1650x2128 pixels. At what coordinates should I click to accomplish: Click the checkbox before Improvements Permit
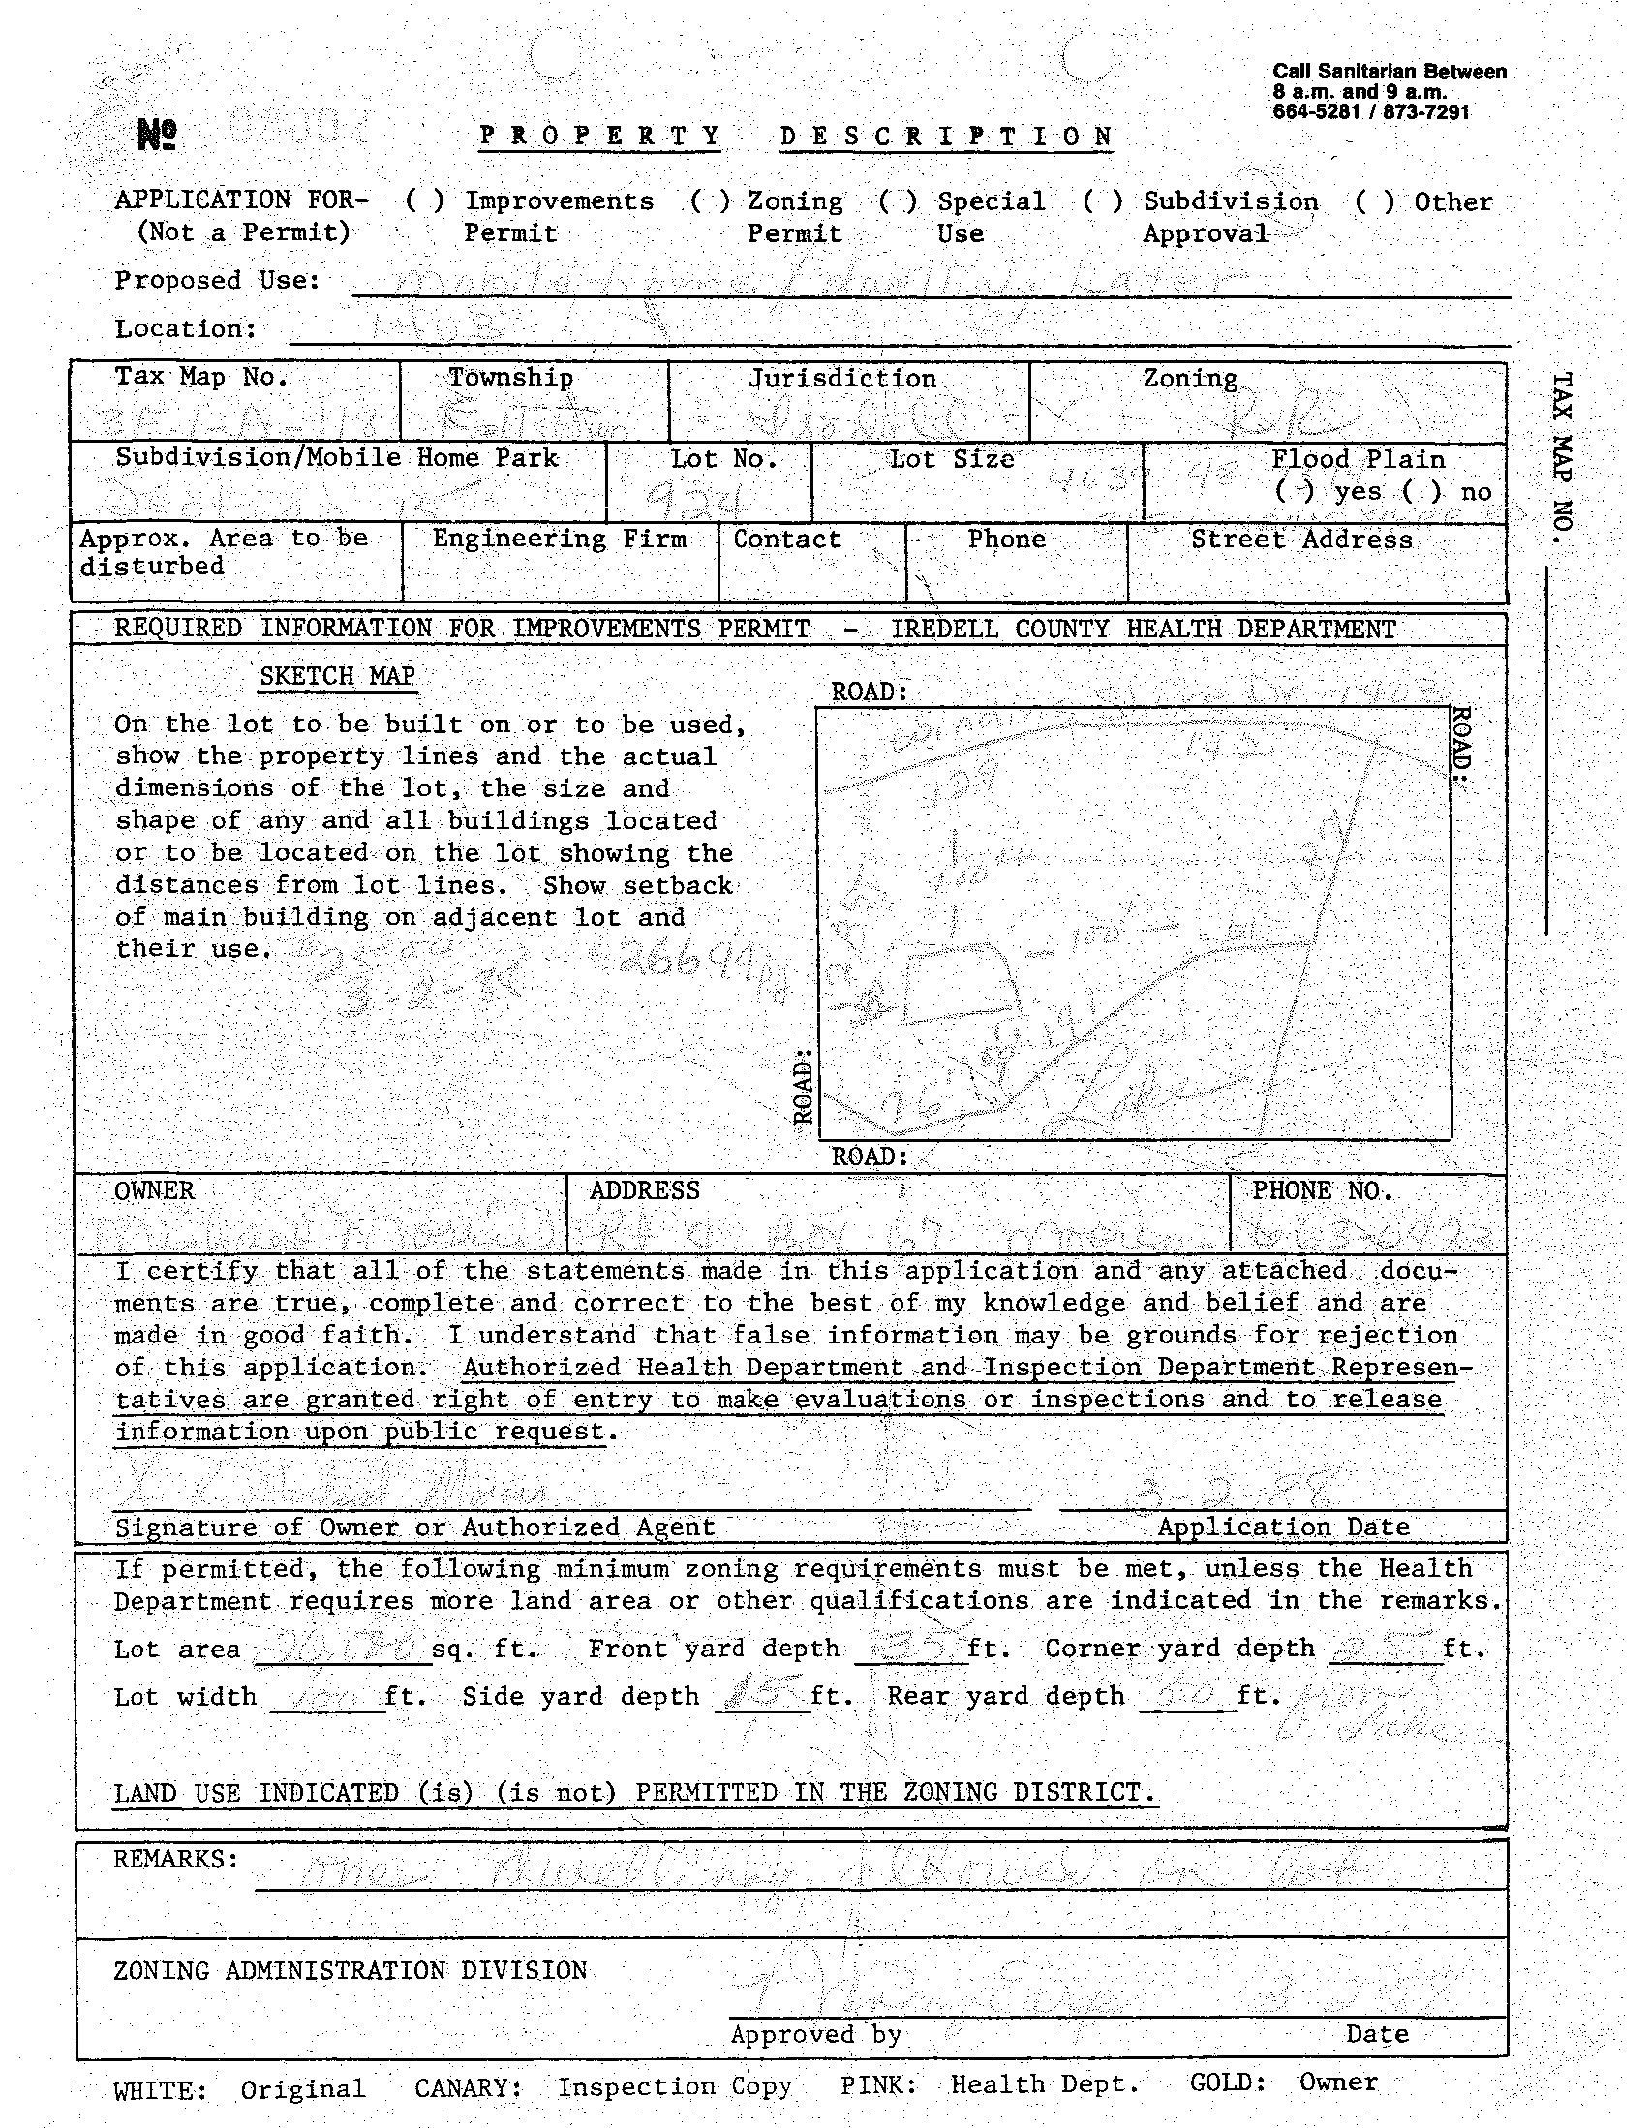[x=425, y=200]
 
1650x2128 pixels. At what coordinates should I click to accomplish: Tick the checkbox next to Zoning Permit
[x=709, y=200]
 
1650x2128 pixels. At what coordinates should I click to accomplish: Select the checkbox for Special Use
[x=897, y=200]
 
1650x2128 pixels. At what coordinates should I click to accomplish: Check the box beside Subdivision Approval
[x=1103, y=200]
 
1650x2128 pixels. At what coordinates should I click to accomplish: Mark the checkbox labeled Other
[x=1374, y=201]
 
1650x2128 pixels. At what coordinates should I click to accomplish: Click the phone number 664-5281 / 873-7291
[x=1369, y=112]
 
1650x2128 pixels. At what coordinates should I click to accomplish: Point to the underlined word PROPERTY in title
[x=600, y=136]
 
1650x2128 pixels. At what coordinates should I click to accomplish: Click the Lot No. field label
[x=723, y=458]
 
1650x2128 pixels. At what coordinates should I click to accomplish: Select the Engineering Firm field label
[x=559, y=539]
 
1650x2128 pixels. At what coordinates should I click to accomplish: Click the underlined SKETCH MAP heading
[x=337, y=675]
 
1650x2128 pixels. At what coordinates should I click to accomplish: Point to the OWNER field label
[x=154, y=1189]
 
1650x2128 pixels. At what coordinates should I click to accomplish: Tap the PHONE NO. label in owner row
[x=1322, y=1189]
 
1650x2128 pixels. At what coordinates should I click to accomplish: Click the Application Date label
[x=1283, y=1527]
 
